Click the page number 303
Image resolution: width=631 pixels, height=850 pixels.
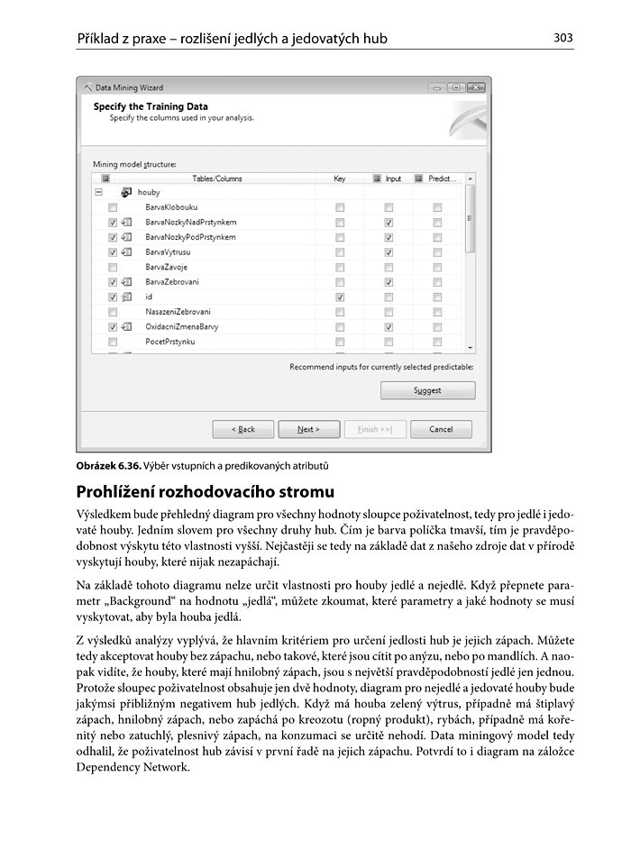563,38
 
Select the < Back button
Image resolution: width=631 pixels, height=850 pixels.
242,429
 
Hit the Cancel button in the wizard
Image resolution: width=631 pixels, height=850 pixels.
441,429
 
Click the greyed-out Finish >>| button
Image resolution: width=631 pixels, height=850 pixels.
374,429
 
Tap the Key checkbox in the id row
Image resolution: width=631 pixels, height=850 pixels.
340,297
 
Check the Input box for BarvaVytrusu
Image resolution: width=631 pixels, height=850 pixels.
388,252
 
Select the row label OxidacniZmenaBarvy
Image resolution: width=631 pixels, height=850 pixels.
181,326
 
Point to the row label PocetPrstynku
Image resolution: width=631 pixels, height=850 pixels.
169,342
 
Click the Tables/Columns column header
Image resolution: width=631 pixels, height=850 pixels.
216,178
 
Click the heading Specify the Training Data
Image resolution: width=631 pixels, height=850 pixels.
151,106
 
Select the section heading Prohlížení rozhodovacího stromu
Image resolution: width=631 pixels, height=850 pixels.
206,492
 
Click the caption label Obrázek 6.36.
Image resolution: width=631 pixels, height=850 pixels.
107,466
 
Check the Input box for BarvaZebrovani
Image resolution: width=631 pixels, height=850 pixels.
388,282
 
